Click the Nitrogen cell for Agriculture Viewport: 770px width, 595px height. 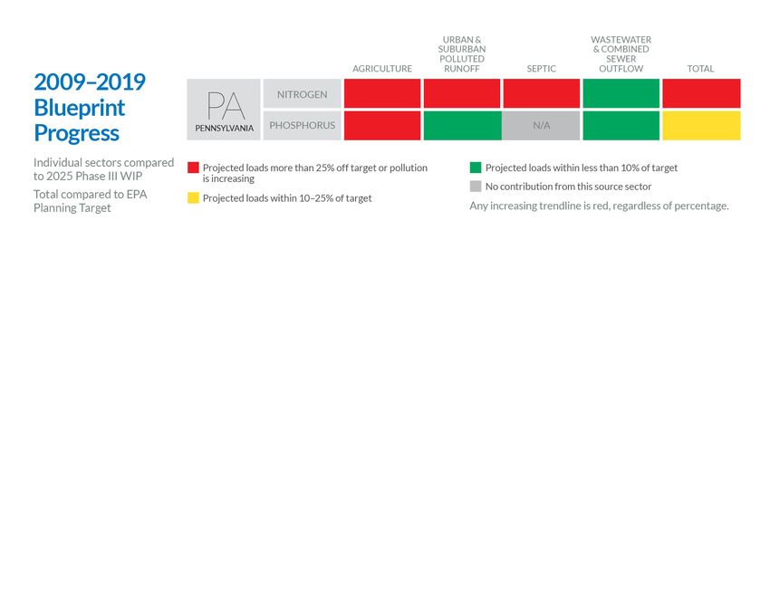(x=382, y=93)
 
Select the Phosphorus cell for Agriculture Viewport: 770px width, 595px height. (x=382, y=126)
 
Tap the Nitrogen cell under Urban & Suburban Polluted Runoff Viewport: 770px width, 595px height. (x=462, y=93)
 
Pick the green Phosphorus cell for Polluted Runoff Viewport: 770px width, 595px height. (x=462, y=126)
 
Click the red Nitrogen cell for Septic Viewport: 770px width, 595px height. (x=542, y=93)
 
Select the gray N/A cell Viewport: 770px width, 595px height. (x=542, y=126)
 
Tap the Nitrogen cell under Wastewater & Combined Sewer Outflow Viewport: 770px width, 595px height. (x=621, y=93)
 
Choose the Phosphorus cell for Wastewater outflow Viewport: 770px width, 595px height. (x=621, y=126)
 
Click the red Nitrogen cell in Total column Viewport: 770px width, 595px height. (x=701, y=93)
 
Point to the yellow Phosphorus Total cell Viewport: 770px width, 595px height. (x=701, y=126)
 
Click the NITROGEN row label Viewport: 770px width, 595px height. (x=303, y=94)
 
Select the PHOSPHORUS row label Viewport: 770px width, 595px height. (x=303, y=126)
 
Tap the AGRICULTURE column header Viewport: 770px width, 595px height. (x=382, y=69)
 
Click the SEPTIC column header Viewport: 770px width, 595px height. (x=542, y=69)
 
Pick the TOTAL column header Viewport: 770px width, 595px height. (x=701, y=69)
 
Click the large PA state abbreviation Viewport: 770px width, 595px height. (x=225, y=105)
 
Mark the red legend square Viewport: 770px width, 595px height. (x=193, y=168)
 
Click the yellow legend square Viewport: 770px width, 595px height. (x=193, y=198)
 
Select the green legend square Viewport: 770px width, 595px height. (x=476, y=168)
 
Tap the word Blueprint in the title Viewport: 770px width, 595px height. (x=80, y=108)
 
